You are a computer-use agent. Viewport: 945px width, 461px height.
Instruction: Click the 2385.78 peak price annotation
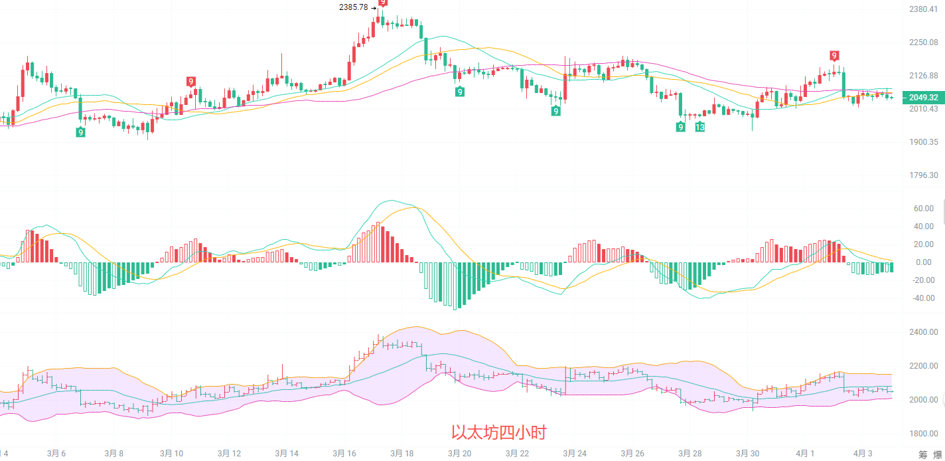coord(353,7)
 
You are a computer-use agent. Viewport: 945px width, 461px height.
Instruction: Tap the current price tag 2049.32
coord(924,97)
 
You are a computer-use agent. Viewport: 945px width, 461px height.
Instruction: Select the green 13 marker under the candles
coord(699,127)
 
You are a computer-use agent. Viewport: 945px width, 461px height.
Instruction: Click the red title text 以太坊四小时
coord(498,433)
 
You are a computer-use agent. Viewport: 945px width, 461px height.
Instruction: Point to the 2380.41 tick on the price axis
coord(924,9)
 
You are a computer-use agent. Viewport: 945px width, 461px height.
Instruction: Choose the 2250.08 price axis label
coord(924,42)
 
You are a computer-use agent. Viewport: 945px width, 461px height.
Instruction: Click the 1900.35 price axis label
coord(924,142)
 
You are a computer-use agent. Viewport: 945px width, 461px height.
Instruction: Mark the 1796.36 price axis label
coord(924,175)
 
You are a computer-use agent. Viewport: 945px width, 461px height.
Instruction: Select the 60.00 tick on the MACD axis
coord(924,209)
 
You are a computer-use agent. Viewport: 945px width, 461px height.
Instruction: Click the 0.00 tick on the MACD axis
coord(924,262)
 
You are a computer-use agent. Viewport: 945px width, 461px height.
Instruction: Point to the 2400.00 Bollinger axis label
coord(923,332)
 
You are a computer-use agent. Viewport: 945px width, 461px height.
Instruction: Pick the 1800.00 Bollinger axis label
coord(923,434)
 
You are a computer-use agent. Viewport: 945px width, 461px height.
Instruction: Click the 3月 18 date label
coord(401,454)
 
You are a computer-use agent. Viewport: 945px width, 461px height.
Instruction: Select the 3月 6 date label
coord(56,454)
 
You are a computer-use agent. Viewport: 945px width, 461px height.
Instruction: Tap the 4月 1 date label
coord(804,454)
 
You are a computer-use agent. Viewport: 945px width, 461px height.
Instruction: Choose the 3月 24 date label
coord(575,454)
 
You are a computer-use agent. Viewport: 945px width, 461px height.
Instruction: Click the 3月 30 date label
coord(747,454)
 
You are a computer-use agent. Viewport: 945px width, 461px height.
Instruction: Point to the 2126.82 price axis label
coord(924,74)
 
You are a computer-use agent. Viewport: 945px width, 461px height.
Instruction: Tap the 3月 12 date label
coord(229,454)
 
